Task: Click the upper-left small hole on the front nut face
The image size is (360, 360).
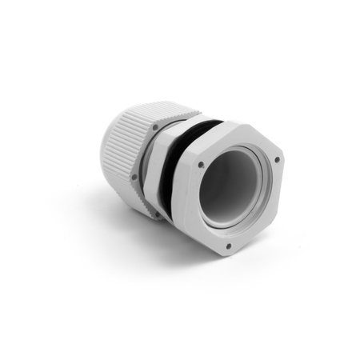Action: [x=201, y=165]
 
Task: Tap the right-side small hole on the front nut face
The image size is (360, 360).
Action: [x=277, y=160]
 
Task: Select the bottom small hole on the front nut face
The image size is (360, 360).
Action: [x=229, y=246]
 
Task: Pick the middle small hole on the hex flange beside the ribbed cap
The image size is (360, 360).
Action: [x=134, y=177]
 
